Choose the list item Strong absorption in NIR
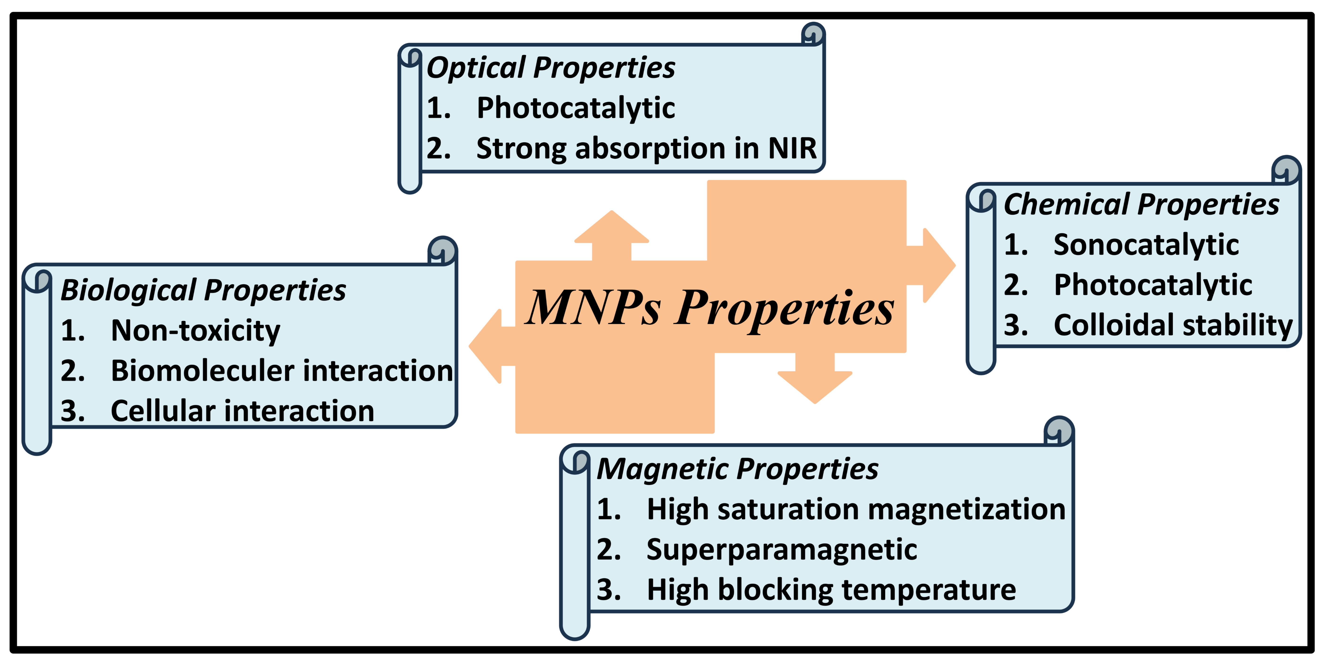(647, 149)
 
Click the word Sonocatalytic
(1146, 245)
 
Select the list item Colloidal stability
(1173, 326)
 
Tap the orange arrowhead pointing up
(611, 227)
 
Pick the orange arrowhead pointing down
(815, 387)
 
